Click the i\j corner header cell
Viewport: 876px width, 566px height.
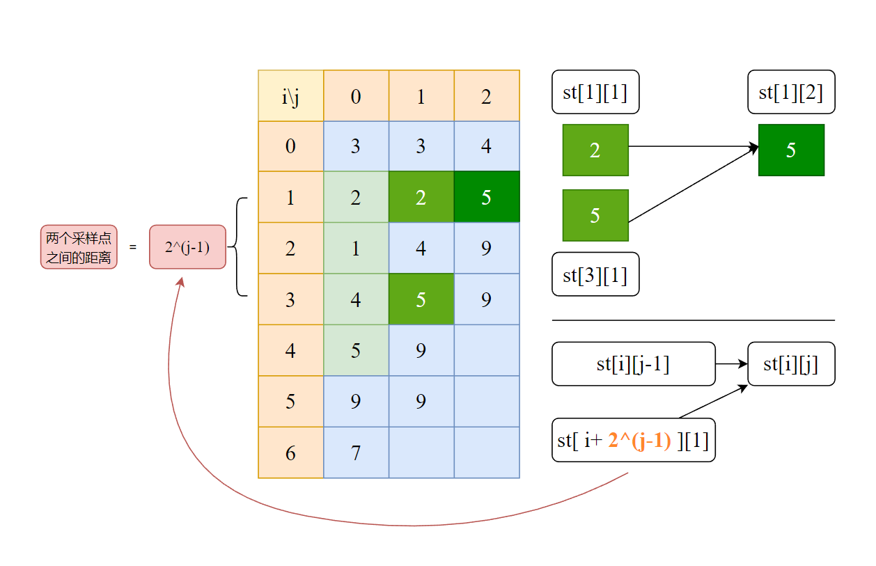click(x=290, y=96)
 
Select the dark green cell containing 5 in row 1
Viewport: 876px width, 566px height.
click(x=487, y=197)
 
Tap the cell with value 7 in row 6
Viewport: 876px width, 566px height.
click(x=356, y=453)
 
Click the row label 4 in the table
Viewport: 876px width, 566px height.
click(x=290, y=350)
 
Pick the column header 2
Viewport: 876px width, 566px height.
click(x=487, y=96)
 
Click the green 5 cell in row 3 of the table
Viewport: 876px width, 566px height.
click(x=421, y=299)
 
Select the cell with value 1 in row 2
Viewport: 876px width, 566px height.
click(x=356, y=249)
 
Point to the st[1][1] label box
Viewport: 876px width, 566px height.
click(x=595, y=92)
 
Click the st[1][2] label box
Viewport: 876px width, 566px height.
click(x=791, y=92)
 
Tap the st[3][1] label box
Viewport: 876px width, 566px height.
click(x=595, y=274)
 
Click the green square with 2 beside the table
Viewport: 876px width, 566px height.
click(x=595, y=150)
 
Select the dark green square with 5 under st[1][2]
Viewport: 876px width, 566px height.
click(x=791, y=150)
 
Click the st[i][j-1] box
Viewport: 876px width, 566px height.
click(x=633, y=363)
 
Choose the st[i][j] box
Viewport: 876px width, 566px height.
click(x=791, y=363)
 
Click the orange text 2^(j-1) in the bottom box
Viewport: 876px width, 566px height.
click(x=639, y=440)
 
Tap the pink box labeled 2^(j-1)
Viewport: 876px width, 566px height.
click(x=187, y=246)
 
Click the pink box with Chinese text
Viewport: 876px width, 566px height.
click(x=79, y=247)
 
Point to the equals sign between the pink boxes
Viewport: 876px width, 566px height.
click(x=133, y=247)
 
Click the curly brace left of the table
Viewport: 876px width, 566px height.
click(x=239, y=247)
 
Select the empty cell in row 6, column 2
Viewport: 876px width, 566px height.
click(x=487, y=453)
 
